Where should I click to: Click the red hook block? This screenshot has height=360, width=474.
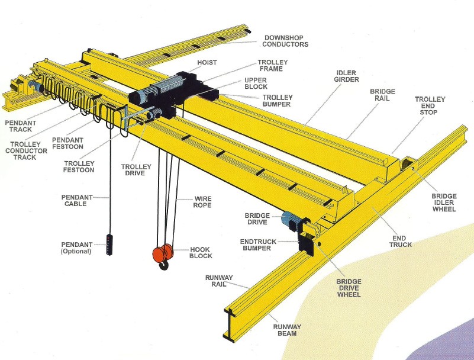tap(163, 253)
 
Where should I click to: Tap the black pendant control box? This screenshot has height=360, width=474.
tap(109, 244)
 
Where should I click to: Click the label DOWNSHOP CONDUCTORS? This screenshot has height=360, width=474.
tap(285, 41)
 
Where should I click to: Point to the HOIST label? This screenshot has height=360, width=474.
tap(207, 63)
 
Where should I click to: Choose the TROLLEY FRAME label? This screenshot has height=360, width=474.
tap(273, 65)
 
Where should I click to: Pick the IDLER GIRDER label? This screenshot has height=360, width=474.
tap(346, 76)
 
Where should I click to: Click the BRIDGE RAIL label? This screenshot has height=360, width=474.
tap(382, 95)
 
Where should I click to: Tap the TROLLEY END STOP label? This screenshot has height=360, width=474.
tap(430, 105)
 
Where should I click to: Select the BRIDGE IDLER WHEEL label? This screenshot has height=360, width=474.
tap(444, 202)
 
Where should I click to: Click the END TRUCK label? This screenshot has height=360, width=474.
tap(401, 242)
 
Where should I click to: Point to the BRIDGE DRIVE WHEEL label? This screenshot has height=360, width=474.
tap(349, 288)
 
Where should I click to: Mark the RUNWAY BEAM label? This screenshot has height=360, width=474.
tap(287, 330)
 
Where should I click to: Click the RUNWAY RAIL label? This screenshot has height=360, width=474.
tap(219, 281)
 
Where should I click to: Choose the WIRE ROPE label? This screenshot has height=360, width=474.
tap(202, 202)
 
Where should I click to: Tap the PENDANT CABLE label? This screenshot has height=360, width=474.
tap(77, 200)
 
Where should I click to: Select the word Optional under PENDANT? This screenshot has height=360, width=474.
tap(76, 251)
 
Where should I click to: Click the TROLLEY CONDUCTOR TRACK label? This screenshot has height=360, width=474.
tap(26, 150)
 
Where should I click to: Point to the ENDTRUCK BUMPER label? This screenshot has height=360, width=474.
tap(258, 245)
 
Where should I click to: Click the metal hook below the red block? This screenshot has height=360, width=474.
tap(164, 266)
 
